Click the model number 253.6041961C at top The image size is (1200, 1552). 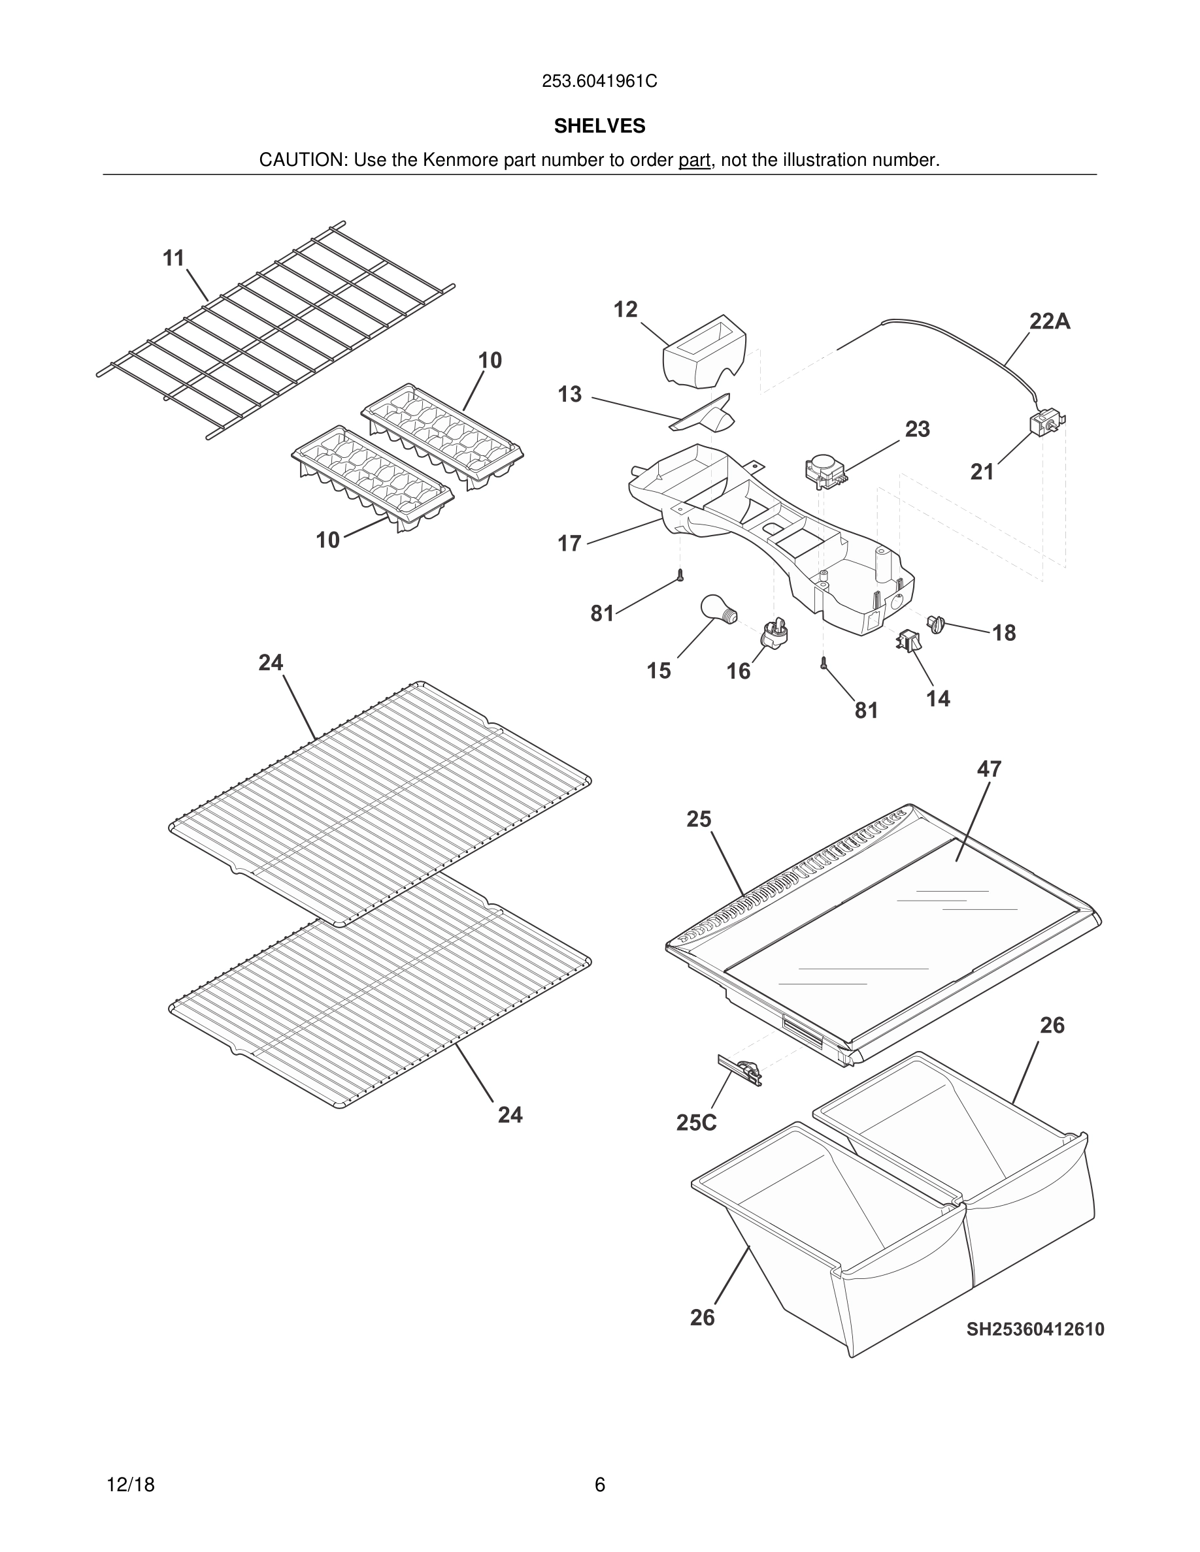coord(599,81)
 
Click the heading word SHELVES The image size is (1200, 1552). coord(599,126)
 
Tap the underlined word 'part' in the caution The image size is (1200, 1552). coord(694,161)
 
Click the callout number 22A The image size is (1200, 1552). coord(1049,321)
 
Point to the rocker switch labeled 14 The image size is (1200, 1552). coord(907,640)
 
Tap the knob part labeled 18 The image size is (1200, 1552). coord(935,624)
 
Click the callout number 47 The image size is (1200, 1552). coord(989,769)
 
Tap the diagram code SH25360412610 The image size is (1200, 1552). coord(1035,1329)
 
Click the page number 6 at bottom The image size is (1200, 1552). coord(599,1485)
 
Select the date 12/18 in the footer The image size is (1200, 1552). coord(131,1485)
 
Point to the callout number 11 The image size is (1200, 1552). coord(174,258)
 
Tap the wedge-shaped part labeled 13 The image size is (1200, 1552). coord(704,414)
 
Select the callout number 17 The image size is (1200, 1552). coord(569,543)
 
